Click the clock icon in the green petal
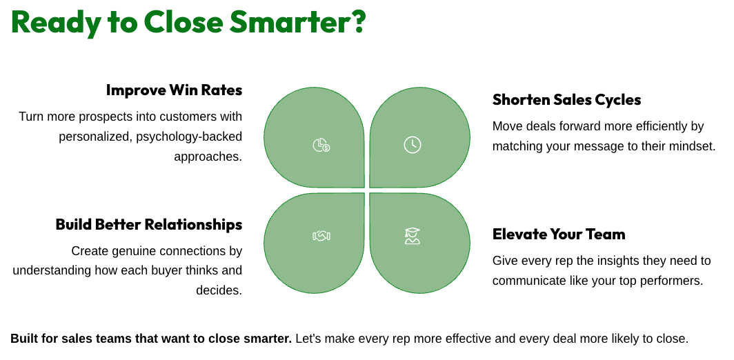(413, 145)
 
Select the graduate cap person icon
(413, 236)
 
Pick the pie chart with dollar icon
(321, 145)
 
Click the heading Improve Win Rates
(174, 90)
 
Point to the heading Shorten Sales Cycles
(567, 100)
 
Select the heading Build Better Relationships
(149, 224)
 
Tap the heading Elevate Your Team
(559, 234)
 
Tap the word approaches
(208, 157)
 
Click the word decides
(219, 290)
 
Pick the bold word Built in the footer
(21, 339)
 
